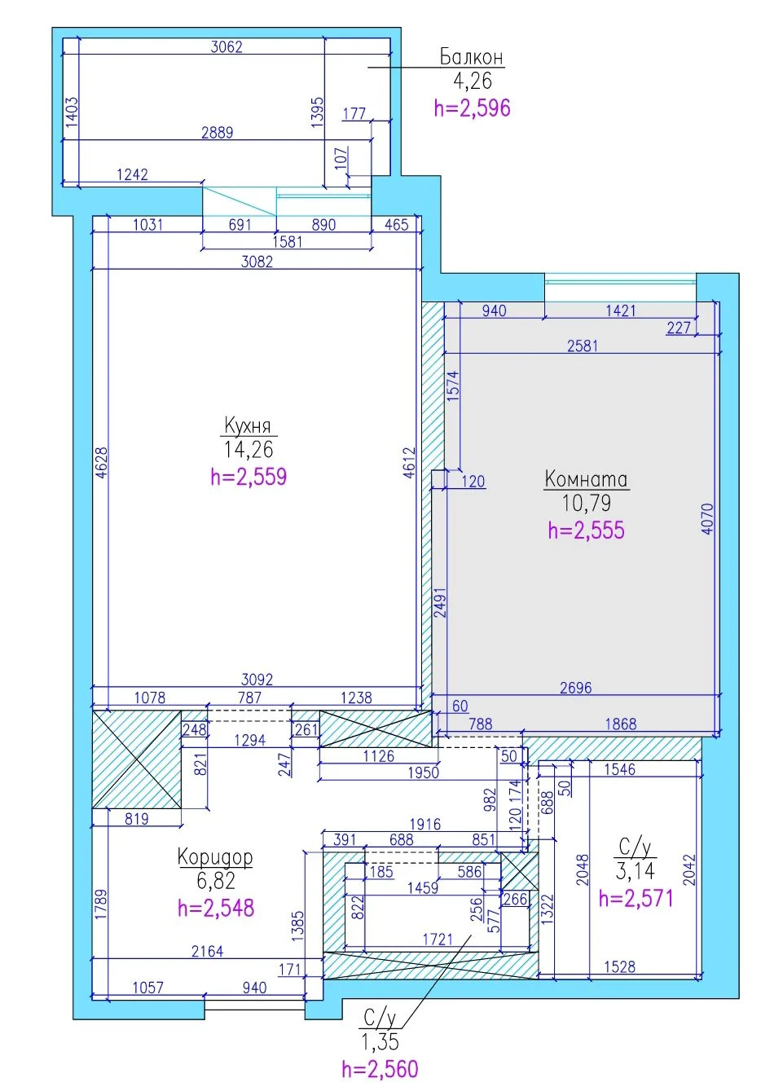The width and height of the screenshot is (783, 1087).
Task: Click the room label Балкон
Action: pos(472,57)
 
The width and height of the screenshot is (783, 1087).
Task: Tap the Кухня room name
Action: pos(248,425)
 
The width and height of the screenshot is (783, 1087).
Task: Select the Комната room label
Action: pos(586,479)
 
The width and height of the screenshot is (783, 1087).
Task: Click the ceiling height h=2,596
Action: pos(472,108)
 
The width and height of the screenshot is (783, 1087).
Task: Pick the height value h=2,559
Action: pos(249,477)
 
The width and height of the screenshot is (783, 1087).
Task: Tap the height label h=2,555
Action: pos(586,530)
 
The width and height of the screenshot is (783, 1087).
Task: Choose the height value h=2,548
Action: pos(216,908)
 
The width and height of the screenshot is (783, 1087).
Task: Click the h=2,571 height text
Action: pos(636,898)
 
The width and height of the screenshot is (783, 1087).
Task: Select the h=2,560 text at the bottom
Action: pos(380,1069)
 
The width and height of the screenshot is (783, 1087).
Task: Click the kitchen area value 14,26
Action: pos(249,449)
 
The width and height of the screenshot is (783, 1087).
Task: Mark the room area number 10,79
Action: pos(586,503)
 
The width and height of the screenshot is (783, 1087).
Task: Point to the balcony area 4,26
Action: pos(472,81)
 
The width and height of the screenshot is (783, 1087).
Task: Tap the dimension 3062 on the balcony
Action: pos(227,46)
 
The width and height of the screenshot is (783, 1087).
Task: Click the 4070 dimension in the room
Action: pos(708,519)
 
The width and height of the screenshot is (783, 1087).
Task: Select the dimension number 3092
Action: pos(257,679)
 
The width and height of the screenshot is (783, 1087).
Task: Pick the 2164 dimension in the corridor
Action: pos(207,951)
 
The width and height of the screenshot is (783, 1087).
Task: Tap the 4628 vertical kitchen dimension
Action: pos(101,463)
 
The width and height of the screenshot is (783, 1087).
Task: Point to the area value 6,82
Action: pos(216,881)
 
